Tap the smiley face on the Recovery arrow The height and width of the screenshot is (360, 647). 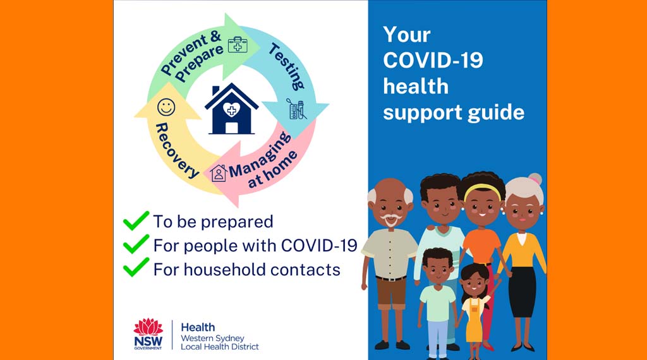[x=166, y=107]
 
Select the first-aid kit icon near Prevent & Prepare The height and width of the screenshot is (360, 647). [x=238, y=45]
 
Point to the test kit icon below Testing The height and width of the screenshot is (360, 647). [x=297, y=109]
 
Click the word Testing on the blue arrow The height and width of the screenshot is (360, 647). [x=287, y=66]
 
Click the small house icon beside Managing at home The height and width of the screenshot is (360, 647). [x=219, y=173]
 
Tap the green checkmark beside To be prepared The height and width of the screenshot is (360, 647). [x=136, y=220]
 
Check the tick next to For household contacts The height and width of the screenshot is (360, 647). [x=136, y=267]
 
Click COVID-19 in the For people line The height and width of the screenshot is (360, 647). [x=319, y=245]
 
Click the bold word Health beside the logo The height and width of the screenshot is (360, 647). [x=198, y=327]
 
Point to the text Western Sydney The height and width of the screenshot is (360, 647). [x=212, y=338]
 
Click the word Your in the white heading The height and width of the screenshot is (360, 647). [x=407, y=35]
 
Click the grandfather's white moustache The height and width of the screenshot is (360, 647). [x=390, y=218]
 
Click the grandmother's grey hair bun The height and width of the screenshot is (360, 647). [x=536, y=179]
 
